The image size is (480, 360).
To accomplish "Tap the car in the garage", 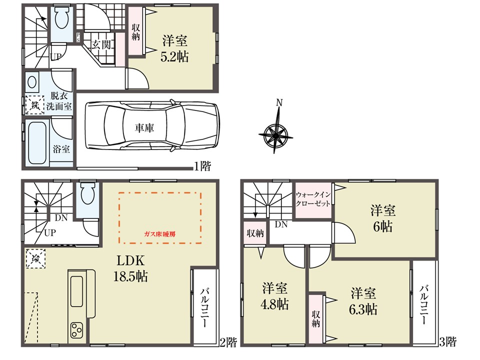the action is [x=152, y=125].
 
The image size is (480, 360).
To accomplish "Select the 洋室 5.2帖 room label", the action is [x=174, y=49].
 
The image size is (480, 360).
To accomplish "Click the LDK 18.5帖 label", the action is [x=130, y=268].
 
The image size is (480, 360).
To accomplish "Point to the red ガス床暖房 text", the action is [x=160, y=234].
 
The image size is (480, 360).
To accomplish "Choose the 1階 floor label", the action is [x=202, y=166].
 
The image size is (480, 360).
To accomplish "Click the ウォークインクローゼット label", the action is [x=313, y=199].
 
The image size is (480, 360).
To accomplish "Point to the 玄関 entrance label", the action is [x=101, y=45].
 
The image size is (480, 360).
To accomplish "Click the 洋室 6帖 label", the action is [x=382, y=219].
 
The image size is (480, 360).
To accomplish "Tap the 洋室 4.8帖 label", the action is [x=274, y=296].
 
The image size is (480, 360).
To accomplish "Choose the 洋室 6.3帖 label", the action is [x=363, y=301].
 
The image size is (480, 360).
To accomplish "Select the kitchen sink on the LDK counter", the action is [x=76, y=291].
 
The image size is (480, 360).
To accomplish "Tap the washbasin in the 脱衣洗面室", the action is [x=32, y=82].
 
